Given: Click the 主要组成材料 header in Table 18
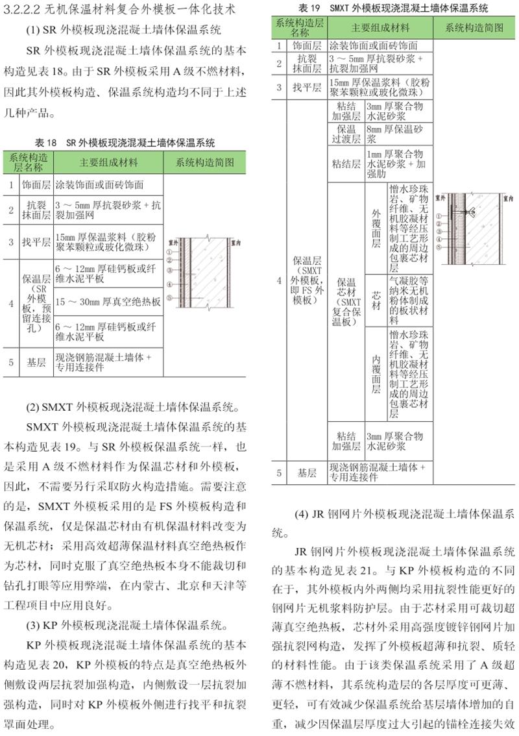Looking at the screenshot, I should tap(108, 162).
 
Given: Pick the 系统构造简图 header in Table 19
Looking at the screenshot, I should tap(475, 28).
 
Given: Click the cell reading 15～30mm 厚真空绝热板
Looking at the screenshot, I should tap(108, 302).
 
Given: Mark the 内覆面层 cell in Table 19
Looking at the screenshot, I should tap(376, 373).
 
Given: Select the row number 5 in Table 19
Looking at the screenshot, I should tap(278, 473).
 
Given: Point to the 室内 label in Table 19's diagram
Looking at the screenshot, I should tap(496, 194).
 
